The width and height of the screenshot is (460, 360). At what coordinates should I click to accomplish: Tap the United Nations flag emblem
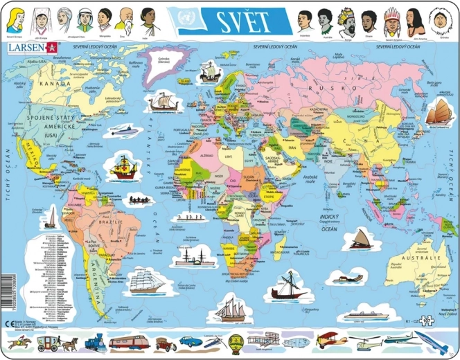pos(186,19)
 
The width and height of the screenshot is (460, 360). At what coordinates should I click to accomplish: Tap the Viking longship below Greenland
pos(164,102)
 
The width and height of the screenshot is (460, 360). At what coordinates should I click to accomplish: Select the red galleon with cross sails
pos(123,167)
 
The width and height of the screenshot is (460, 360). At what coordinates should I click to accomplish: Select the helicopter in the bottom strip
pos(364,341)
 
